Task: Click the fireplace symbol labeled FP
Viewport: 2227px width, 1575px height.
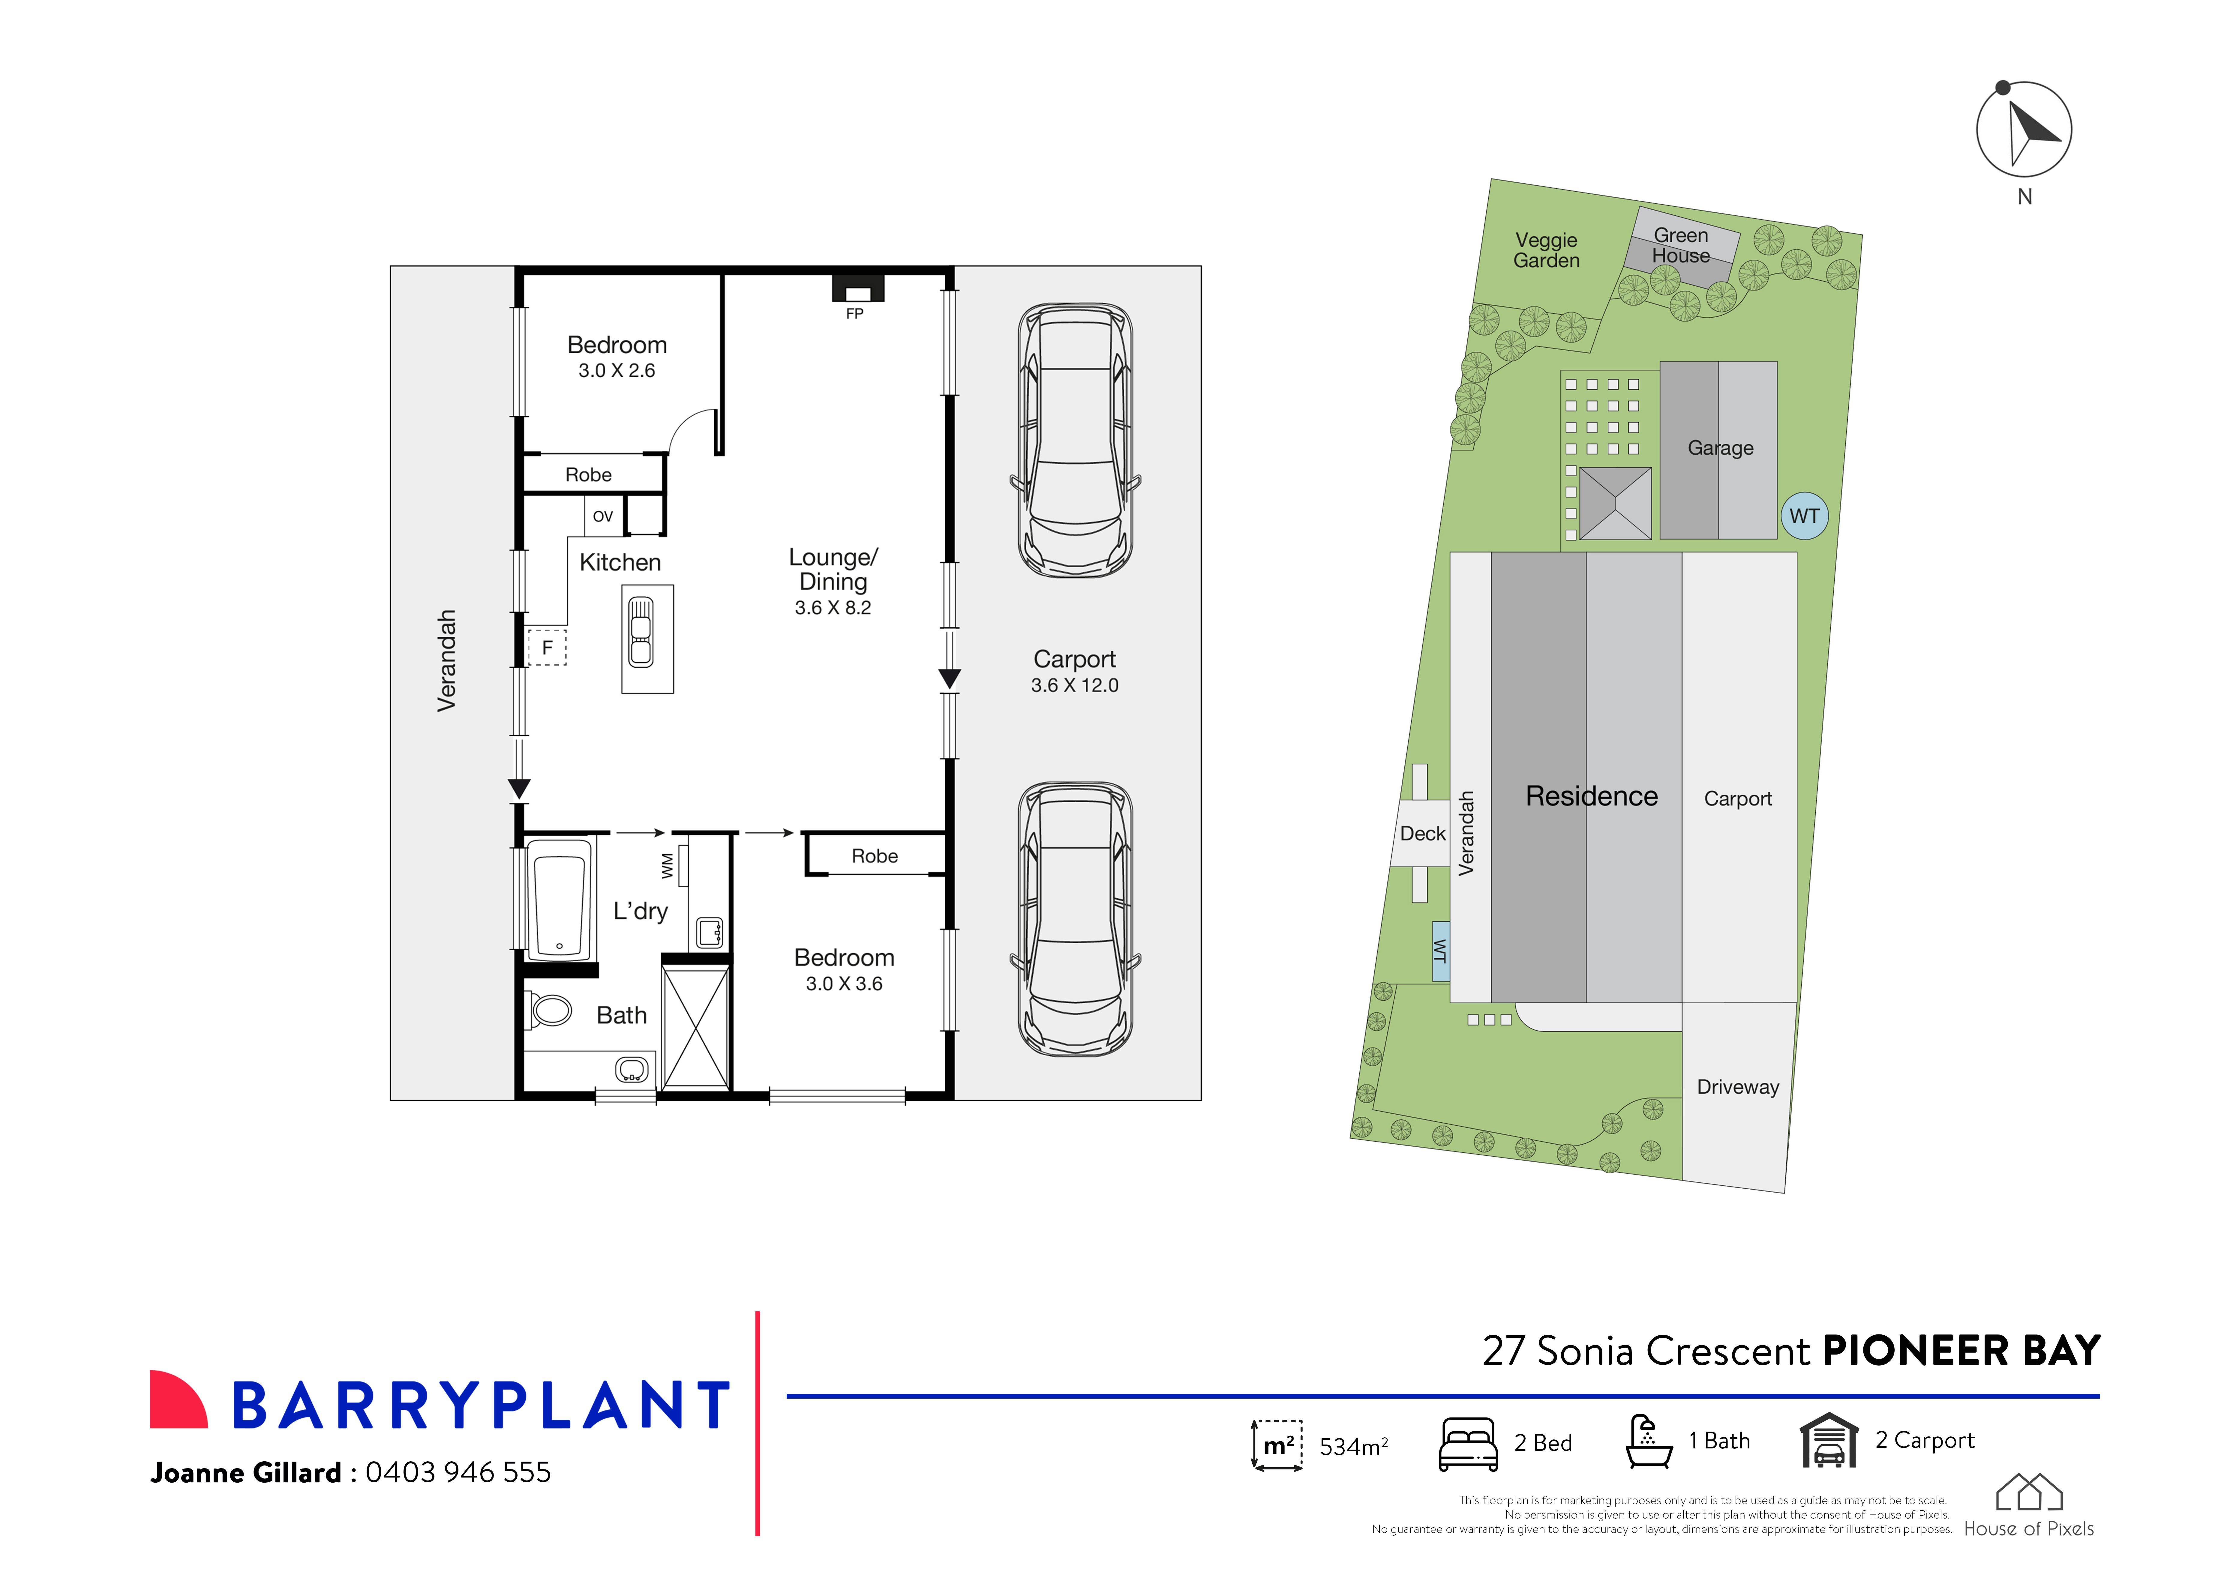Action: (857, 289)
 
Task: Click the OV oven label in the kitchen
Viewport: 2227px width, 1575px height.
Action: (602, 516)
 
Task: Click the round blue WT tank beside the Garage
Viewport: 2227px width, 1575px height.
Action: (1804, 516)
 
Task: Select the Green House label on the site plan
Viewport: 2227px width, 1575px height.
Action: (1681, 245)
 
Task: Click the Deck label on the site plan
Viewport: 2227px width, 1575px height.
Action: (1422, 834)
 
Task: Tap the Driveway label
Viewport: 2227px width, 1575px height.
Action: (1737, 1087)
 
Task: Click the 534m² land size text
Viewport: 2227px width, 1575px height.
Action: (1353, 1447)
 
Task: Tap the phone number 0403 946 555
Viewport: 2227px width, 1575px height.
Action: (458, 1472)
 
